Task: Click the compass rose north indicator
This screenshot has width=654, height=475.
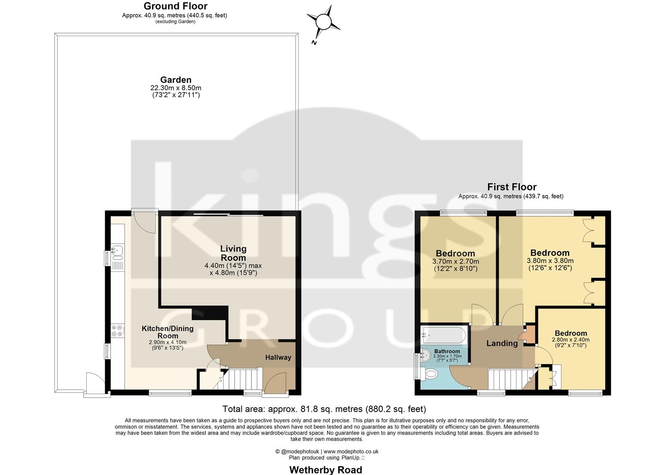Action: coord(324,22)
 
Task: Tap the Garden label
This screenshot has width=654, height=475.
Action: coord(176,80)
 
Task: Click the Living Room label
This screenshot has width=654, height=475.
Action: coord(233,253)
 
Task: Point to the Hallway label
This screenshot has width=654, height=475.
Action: coord(278,357)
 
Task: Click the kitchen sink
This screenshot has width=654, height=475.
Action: coord(118,251)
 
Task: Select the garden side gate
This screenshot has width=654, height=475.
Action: coord(94,383)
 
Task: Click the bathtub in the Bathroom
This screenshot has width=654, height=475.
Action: coord(443,336)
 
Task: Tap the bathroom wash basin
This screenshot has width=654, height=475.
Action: coord(425,355)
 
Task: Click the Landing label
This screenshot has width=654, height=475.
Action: coord(502,343)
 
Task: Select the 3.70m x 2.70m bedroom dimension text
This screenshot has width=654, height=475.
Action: coord(455,265)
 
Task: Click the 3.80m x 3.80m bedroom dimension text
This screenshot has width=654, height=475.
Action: coord(550,263)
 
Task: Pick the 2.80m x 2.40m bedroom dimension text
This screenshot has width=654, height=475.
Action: coord(570,343)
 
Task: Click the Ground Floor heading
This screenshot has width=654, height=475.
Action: coord(175,6)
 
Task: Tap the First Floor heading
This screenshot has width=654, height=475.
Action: coord(511,187)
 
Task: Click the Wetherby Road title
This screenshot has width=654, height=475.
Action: coord(325,470)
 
